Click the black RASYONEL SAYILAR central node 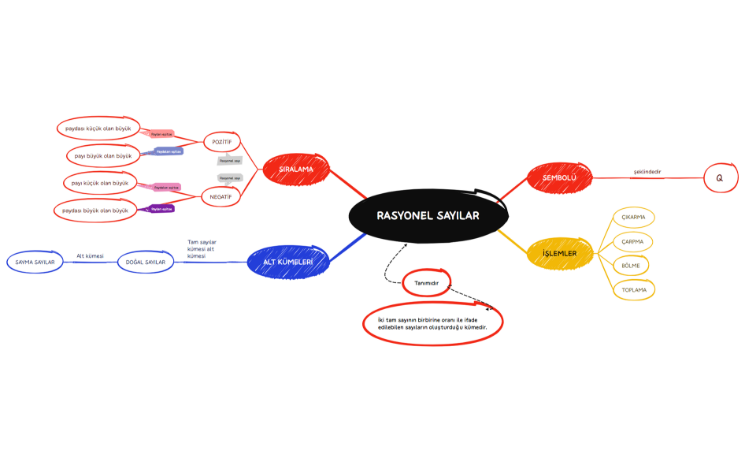point(427,215)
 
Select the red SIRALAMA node point(295,169)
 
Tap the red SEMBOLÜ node point(559,178)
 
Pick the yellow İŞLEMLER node point(559,253)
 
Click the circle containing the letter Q point(719,179)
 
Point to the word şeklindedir point(647,171)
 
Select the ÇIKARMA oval point(633,217)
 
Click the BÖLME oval point(631,266)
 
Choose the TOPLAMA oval point(634,290)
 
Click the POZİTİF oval point(221,142)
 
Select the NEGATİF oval point(221,196)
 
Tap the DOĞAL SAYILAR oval point(146,262)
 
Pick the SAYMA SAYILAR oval point(35,262)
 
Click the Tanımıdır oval point(426,282)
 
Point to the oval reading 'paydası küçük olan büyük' point(98,128)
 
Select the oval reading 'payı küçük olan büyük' point(99,183)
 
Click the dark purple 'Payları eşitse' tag point(161,209)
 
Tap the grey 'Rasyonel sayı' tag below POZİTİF point(230,161)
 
